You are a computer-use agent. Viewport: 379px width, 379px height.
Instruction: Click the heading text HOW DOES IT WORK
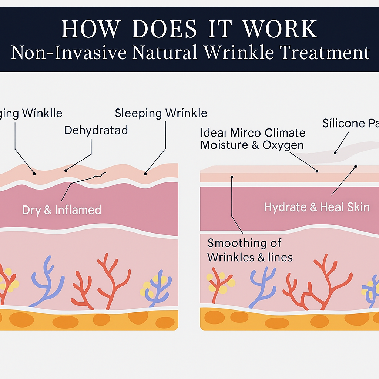[x=189, y=29]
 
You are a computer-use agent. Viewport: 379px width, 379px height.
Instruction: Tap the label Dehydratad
[x=96, y=130]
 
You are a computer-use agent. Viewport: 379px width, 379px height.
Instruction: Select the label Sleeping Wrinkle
[x=161, y=113]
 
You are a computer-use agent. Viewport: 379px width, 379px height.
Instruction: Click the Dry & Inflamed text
[x=61, y=210]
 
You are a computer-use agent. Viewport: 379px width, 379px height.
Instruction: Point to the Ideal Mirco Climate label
[x=253, y=133]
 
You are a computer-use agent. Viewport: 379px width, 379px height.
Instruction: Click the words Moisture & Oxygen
[x=252, y=145]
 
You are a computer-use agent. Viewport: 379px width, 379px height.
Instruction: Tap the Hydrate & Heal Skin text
[x=317, y=207]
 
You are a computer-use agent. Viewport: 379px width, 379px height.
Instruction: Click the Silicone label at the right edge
[x=350, y=123]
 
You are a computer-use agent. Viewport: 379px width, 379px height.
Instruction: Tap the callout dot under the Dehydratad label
[x=66, y=170]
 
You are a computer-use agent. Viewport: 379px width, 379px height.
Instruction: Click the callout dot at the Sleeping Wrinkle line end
[x=145, y=173]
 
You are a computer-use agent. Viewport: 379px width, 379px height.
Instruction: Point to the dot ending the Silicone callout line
[x=335, y=152]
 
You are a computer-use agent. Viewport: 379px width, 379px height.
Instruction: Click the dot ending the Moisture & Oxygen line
[x=317, y=171]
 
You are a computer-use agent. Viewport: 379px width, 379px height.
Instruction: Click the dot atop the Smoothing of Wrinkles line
[x=232, y=177]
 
